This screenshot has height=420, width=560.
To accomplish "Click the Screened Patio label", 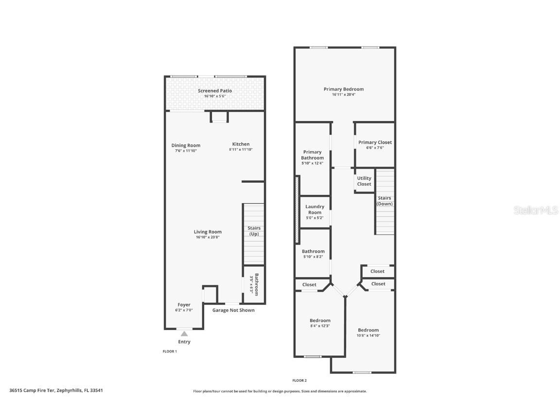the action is point(215,91).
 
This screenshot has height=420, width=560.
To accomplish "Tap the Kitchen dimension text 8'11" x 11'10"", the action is point(241,150).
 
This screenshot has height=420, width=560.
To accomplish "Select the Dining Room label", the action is point(186,145).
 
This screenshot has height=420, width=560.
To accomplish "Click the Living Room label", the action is point(208,232).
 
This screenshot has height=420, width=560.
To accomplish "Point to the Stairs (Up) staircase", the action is point(254,234).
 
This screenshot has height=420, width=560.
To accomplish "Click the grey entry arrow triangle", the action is point(184,334).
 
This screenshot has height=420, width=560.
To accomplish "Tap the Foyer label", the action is point(184,305).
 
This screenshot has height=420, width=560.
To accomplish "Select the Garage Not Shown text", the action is point(233,310).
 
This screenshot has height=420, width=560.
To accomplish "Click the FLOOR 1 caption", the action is point(170,351).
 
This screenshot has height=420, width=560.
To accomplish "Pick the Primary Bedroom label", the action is point(344,89).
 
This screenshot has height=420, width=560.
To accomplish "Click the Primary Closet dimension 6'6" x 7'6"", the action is point(375,148).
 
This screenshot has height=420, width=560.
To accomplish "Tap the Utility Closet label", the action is point(364,181).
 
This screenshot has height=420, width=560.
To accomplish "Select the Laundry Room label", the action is point(315,210).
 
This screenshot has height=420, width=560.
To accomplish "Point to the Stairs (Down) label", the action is point(385,201).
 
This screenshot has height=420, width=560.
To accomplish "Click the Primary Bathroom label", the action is point(313,155).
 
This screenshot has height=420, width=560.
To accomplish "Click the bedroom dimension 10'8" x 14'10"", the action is point(368,336).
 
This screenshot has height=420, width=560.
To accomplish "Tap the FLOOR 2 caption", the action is point(299,381).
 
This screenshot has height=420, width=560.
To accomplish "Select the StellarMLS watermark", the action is point(536,210).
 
